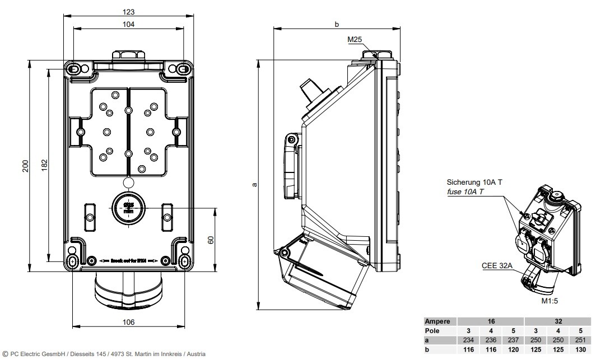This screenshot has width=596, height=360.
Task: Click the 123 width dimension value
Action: [x=129, y=11]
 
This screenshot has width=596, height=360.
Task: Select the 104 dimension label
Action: [x=129, y=24]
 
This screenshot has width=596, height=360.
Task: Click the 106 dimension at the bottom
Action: [x=129, y=322]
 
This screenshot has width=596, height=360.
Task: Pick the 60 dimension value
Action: [x=211, y=240]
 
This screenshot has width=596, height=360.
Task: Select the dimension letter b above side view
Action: [x=337, y=24]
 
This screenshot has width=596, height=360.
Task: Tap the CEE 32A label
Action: [x=496, y=266]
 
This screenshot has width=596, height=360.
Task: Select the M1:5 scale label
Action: [x=550, y=301]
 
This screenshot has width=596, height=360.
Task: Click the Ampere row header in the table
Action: [x=437, y=322]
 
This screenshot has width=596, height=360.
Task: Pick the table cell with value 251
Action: [x=581, y=340]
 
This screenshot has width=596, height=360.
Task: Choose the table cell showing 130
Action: [x=581, y=349]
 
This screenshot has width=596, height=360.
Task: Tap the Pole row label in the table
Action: [x=433, y=331]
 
